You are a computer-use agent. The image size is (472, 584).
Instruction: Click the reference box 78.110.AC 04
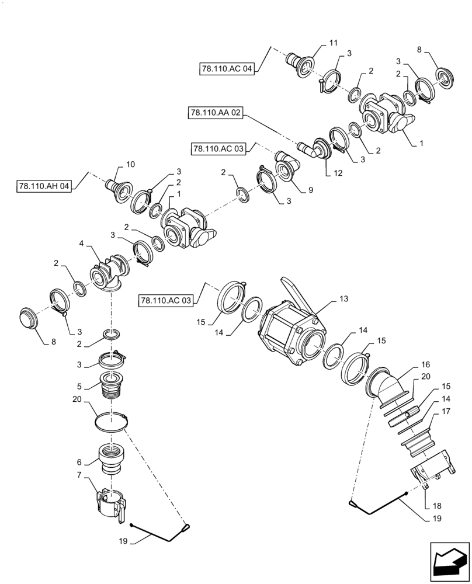[227, 69]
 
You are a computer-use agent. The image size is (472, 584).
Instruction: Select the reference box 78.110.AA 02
[216, 112]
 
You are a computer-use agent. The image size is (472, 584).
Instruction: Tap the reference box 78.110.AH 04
[44, 187]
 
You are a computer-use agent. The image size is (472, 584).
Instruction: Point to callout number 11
[334, 43]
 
